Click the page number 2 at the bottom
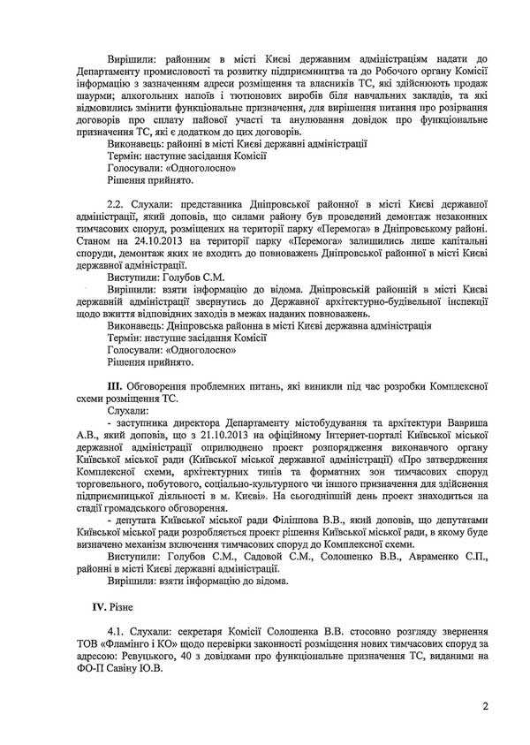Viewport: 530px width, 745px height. pos(485,706)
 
